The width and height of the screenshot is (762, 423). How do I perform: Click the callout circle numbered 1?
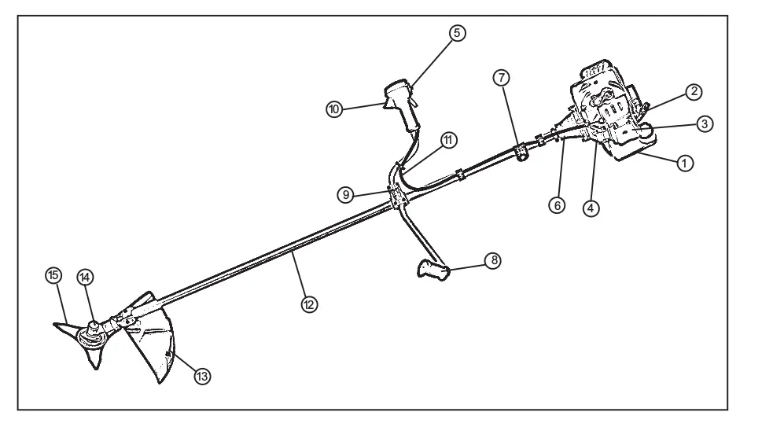(x=685, y=164)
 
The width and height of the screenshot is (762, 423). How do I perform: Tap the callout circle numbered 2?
(x=694, y=92)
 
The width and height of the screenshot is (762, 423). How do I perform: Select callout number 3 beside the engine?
(x=705, y=124)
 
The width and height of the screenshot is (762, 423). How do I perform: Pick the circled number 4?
(x=591, y=209)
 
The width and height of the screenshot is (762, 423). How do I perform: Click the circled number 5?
(x=457, y=33)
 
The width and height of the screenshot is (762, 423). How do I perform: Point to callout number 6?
(x=557, y=205)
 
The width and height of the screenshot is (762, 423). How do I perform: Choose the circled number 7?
(x=502, y=78)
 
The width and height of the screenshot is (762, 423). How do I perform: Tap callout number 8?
(x=493, y=261)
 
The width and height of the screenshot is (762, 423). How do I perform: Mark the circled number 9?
(x=345, y=195)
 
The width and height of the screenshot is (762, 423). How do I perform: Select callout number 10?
(x=334, y=109)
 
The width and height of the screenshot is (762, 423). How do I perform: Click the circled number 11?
(x=448, y=141)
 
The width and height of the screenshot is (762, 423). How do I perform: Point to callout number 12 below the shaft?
(x=309, y=304)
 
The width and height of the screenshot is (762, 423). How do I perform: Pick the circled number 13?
(x=202, y=376)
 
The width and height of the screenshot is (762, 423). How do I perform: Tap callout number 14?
(x=85, y=278)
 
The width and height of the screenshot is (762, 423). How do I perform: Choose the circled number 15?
(x=53, y=275)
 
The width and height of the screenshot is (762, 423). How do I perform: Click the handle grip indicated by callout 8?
(x=433, y=270)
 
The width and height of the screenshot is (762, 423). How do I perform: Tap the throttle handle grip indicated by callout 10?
(x=401, y=105)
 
